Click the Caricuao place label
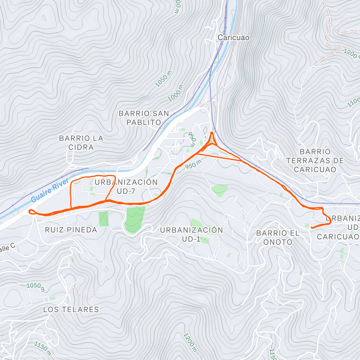point(233,38)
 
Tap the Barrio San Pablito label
point(144,118)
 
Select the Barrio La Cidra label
point(81,142)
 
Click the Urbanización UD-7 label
point(126,187)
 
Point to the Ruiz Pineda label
point(71,230)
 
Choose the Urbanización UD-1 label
point(191,234)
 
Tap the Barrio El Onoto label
point(278,237)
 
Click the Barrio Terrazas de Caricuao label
point(315,160)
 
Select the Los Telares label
point(71,310)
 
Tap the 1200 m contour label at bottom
point(190,342)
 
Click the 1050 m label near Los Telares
point(35,287)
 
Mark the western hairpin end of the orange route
point(30,212)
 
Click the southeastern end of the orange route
point(312,228)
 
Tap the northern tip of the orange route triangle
point(212,132)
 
